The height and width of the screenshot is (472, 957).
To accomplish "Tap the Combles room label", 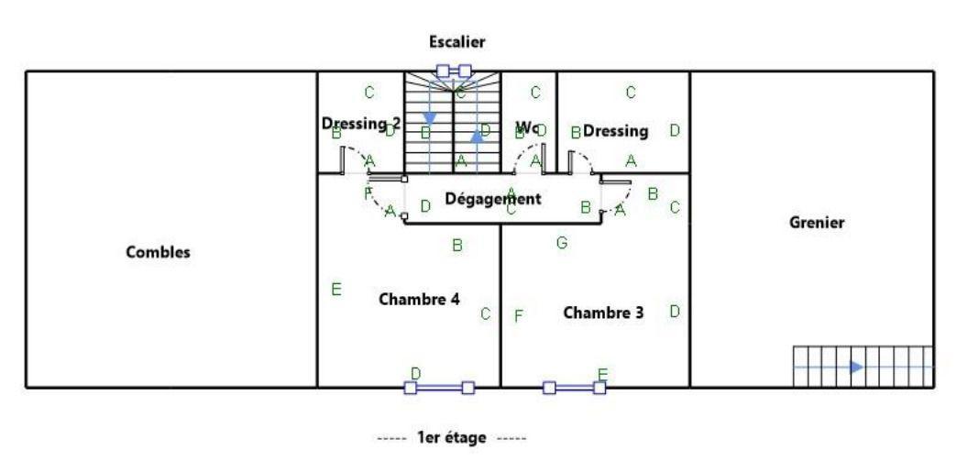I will (x=158, y=254).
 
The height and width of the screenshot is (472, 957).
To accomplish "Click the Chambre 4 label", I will (x=419, y=300).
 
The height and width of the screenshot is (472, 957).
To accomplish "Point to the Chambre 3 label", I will (x=602, y=313).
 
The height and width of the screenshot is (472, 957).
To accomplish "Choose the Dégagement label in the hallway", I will (x=493, y=198).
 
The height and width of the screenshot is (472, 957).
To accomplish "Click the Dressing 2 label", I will (x=361, y=122).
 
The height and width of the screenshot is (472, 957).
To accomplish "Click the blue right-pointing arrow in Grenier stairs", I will (x=855, y=367).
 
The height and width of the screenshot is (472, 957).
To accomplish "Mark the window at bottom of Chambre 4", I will (x=439, y=388).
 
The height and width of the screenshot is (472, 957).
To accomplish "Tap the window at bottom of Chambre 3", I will (x=574, y=388).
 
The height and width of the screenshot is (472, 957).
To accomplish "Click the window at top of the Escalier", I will (x=453, y=70).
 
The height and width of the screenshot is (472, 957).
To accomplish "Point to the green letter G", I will (x=562, y=243).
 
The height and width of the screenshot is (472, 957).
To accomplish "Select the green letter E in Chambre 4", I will (x=336, y=291).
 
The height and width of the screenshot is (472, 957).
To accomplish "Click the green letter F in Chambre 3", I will (x=518, y=316).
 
